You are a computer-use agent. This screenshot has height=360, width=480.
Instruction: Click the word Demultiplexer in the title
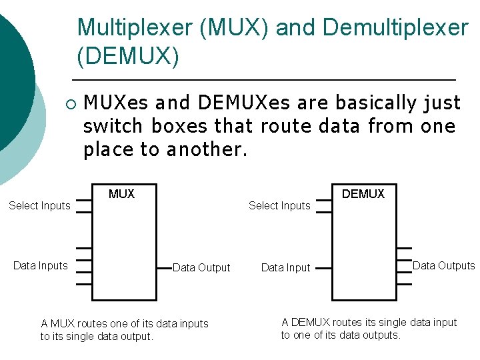395,28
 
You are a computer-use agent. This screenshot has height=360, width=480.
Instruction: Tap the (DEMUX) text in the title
128,57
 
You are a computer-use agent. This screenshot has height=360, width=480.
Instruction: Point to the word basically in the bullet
376,103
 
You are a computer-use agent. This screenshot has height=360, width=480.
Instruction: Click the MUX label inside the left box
121,194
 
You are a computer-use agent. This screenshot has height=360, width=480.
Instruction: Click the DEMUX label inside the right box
363,194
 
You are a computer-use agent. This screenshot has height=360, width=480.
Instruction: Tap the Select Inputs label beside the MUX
39,205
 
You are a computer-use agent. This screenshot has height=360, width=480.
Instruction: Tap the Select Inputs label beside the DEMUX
279,205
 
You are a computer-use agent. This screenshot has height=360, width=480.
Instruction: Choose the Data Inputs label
41,265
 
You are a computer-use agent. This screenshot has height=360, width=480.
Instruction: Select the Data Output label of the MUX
201,267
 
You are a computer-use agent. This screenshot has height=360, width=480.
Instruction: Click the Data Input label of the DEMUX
285,267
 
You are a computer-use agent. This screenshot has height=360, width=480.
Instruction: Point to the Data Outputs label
443,265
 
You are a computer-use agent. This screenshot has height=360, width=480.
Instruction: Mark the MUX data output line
165,267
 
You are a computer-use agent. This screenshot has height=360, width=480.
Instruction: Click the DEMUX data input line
323,267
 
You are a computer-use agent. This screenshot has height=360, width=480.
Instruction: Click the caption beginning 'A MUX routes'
124,330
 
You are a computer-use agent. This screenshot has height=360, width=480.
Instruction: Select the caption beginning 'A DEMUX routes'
369,329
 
